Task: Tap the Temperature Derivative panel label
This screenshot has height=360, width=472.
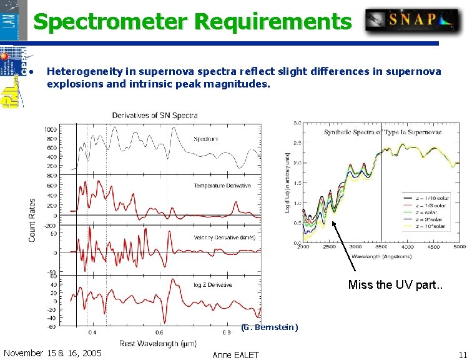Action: [x=222, y=186]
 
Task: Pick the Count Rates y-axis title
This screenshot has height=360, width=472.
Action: [x=32, y=220]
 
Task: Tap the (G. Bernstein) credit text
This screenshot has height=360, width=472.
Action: [x=269, y=327]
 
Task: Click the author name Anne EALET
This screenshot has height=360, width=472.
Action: [x=235, y=354]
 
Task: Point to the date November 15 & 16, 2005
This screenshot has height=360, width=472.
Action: [x=52, y=353]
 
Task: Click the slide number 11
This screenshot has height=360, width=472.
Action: [x=462, y=354]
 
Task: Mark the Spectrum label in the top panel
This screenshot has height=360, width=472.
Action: [x=206, y=139]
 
